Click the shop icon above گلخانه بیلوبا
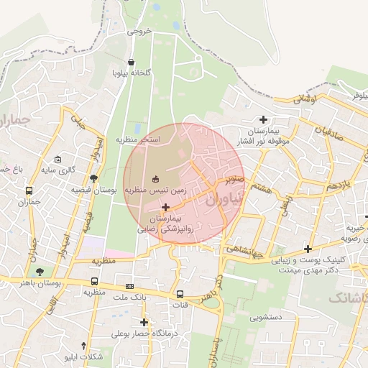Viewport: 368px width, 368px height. pos(131,62)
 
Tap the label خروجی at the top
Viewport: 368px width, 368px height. pos(139,31)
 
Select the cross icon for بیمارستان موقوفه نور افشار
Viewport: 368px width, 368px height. pos(264,119)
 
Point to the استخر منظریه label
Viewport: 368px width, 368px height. pos(140,138)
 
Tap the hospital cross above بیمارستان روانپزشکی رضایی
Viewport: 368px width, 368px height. pos(166,207)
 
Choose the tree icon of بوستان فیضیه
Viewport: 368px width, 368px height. pos(93,178)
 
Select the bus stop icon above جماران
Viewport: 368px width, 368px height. pos(29,191)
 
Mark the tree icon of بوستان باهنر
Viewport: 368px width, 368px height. pos(40,272)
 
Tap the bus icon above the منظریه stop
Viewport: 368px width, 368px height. pos(95,281)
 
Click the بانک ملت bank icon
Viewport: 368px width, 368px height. pos(129,286)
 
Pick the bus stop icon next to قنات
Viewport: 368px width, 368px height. pos(180,294)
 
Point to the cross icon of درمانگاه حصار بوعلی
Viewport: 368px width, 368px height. pos(144,323)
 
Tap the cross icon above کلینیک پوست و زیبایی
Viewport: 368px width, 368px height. pos(308,249)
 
